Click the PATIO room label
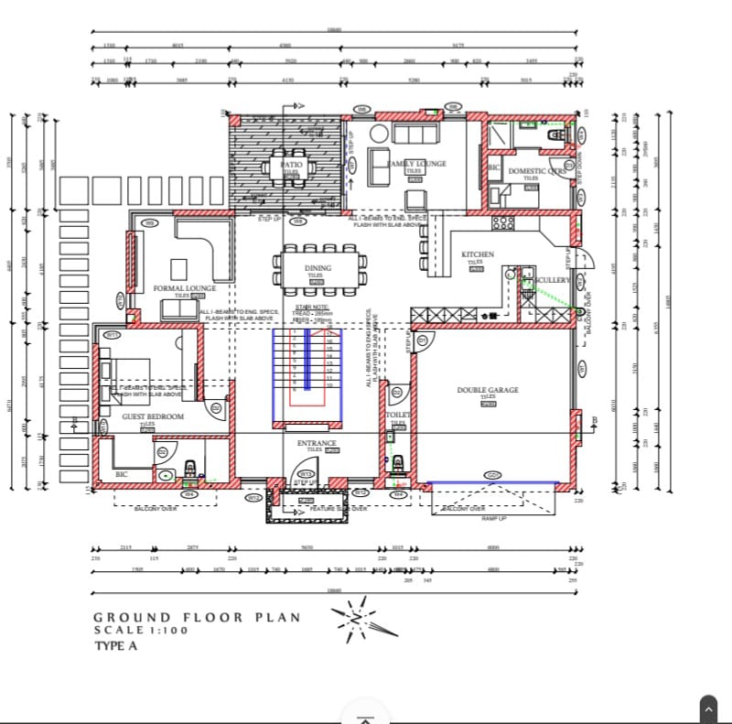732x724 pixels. [x=291, y=165]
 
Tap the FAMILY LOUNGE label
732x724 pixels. [x=416, y=164]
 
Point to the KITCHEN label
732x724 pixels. [x=478, y=254]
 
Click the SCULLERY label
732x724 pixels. [x=554, y=280]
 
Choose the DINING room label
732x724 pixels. [x=318, y=269]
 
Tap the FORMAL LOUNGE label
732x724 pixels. [x=184, y=288]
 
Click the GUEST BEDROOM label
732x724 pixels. [x=153, y=416]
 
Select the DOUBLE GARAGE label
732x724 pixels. [x=488, y=390]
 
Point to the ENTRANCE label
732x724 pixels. [x=317, y=443]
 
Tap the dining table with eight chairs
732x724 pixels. [x=319, y=269]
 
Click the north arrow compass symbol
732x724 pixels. [x=355, y=620]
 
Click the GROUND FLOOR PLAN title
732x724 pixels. [x=197, y=617]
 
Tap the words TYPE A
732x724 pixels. [x=115, y=646]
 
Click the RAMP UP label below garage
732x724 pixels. [x=494, y=518]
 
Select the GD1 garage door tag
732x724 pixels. [x=492, y=475]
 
